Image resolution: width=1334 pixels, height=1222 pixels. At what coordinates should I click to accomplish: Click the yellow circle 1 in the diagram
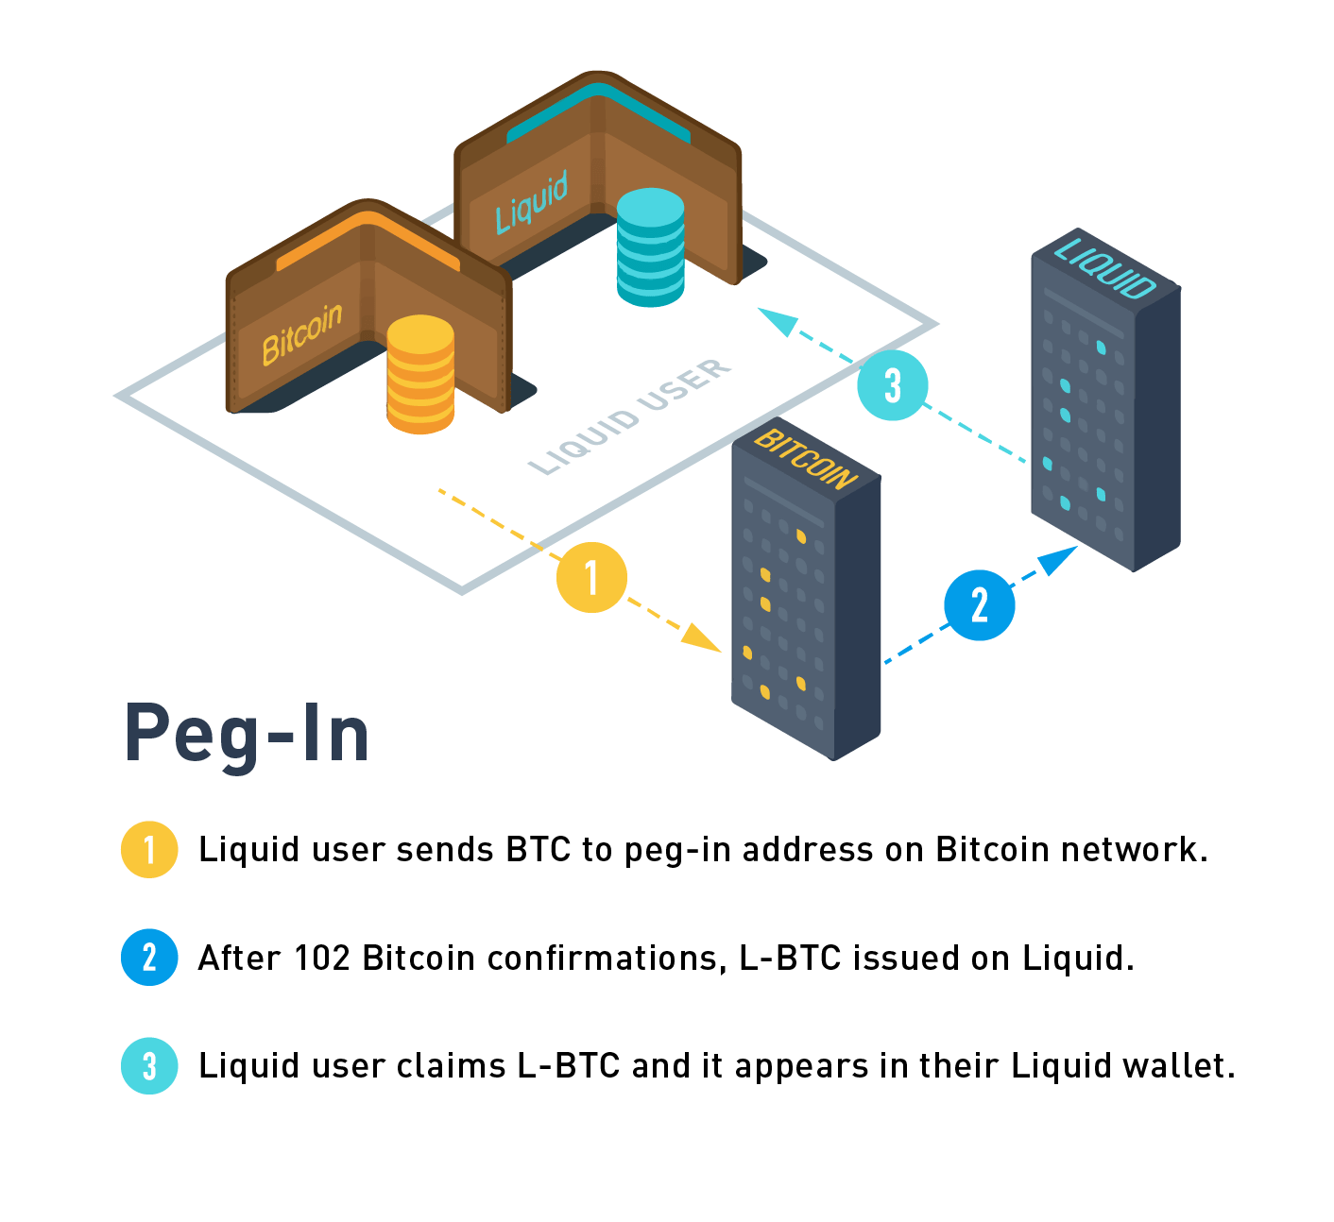[x=591, y=577]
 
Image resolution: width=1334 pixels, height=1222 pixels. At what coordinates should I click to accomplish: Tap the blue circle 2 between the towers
[x=980, y=605]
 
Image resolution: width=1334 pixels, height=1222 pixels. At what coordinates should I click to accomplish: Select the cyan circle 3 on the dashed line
[x=893, y=385]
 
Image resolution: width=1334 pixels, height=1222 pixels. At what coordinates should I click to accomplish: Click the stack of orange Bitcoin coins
[x=420, y=375]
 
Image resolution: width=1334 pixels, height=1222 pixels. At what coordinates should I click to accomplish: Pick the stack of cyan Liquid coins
[x=650, y=247]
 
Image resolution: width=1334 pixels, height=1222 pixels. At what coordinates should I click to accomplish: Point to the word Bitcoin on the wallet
[x=301, y=333]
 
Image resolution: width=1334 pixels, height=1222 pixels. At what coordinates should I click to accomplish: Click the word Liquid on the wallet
[x=532, y=202]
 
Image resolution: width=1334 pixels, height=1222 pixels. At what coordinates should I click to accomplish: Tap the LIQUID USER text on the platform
[x=630, y=416]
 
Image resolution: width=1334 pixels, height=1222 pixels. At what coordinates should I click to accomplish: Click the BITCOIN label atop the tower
[x=806, y=458]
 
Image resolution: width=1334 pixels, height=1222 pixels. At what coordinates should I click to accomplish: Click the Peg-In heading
[x=247, y=735]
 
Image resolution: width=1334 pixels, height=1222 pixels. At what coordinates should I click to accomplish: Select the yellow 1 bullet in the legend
[x=149, y=850]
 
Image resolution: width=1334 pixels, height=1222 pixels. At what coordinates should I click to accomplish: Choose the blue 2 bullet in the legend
[x=149, y=958]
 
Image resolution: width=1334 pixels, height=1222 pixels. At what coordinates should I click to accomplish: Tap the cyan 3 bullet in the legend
[x=149, y=1066]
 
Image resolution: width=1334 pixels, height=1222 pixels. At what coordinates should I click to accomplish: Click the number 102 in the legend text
[x=321, y=958]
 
